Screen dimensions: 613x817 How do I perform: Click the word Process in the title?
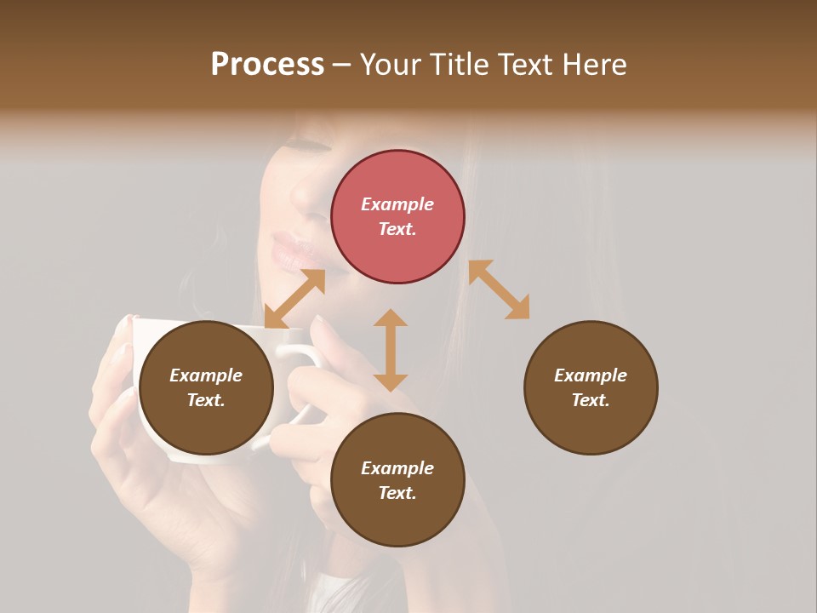(267, 65)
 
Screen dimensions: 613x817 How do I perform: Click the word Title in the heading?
(457, 65)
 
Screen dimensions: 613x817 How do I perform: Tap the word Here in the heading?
(593, 65)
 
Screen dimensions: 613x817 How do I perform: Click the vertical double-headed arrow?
(391, 350)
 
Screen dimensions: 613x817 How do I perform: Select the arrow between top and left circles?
(294, 299)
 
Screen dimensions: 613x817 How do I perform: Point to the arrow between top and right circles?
(499, 289)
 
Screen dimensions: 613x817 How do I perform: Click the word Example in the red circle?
(397, 204)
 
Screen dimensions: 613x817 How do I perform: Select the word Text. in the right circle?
(591, 400)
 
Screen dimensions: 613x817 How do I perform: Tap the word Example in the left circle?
(206, 375)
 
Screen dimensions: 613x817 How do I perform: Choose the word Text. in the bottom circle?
(397, 493)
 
